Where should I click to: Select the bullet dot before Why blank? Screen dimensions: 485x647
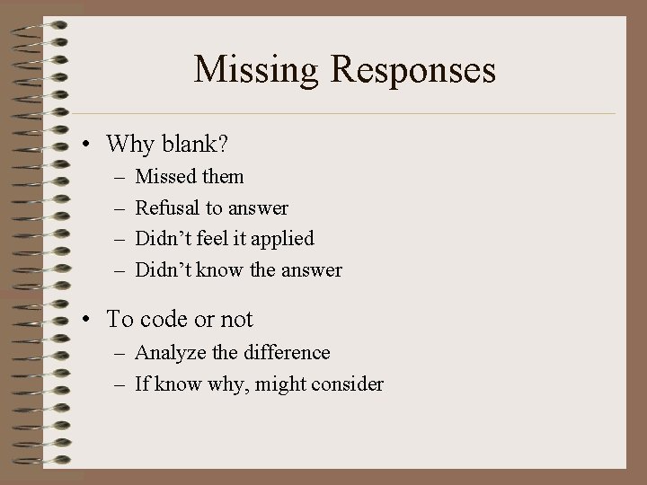pos(91,144)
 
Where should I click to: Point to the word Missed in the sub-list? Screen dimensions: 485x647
pos(164,177)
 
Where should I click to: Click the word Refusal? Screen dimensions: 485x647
pos(167,207)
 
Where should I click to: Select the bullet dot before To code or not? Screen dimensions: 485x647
pos(91,320)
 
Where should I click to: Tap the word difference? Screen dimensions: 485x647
pos(287,353)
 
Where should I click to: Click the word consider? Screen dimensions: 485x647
pos(350,384)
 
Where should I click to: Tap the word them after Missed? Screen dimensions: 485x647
pos(221,177)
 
